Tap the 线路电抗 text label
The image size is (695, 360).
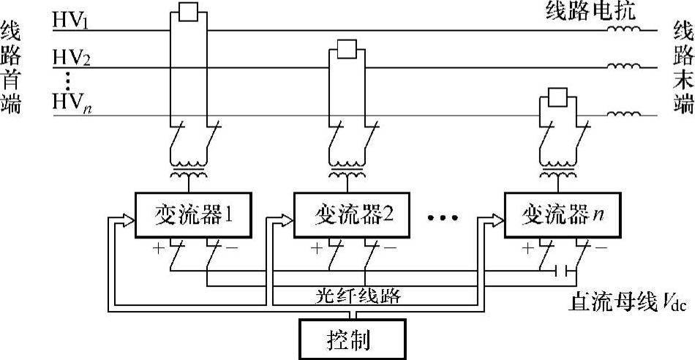[591, 12]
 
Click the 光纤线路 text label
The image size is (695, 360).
[358, 296]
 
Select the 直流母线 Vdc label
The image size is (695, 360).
[628, 305]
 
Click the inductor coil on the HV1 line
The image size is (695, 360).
[623, 29]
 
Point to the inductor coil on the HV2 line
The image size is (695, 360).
[623, 66]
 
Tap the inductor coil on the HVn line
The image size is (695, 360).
[623, 114]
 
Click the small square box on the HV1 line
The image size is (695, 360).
[188, 12]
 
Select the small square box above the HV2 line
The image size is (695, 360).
[347, 49]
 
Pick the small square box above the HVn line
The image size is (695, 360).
[557, 97]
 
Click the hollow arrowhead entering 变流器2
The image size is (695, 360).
[286, 220]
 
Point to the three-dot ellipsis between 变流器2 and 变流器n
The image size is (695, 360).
[443, 218]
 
